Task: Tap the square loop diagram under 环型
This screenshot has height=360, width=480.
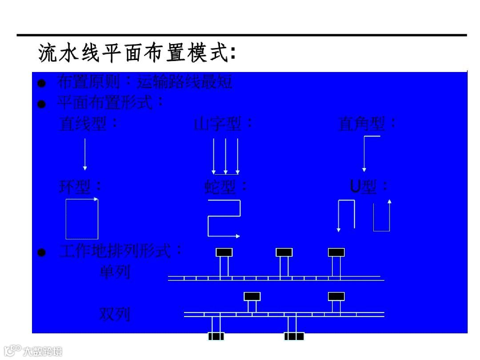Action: point(82,219)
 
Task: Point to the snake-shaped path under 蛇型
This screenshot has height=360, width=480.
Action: point(224,218)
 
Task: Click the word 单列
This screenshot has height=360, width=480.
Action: point(115,272)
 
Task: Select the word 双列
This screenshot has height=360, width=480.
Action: point(115,314)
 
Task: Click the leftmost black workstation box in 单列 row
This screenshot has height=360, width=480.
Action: point(224,252)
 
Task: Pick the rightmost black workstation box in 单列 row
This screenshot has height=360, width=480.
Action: point(336,252)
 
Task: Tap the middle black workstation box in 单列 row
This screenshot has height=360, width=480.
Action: point(284,252)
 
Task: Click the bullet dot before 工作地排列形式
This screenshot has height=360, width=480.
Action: point(42,253)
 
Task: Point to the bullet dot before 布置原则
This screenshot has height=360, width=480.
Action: point(42,83)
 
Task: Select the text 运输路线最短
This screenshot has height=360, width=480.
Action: point(184,82)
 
